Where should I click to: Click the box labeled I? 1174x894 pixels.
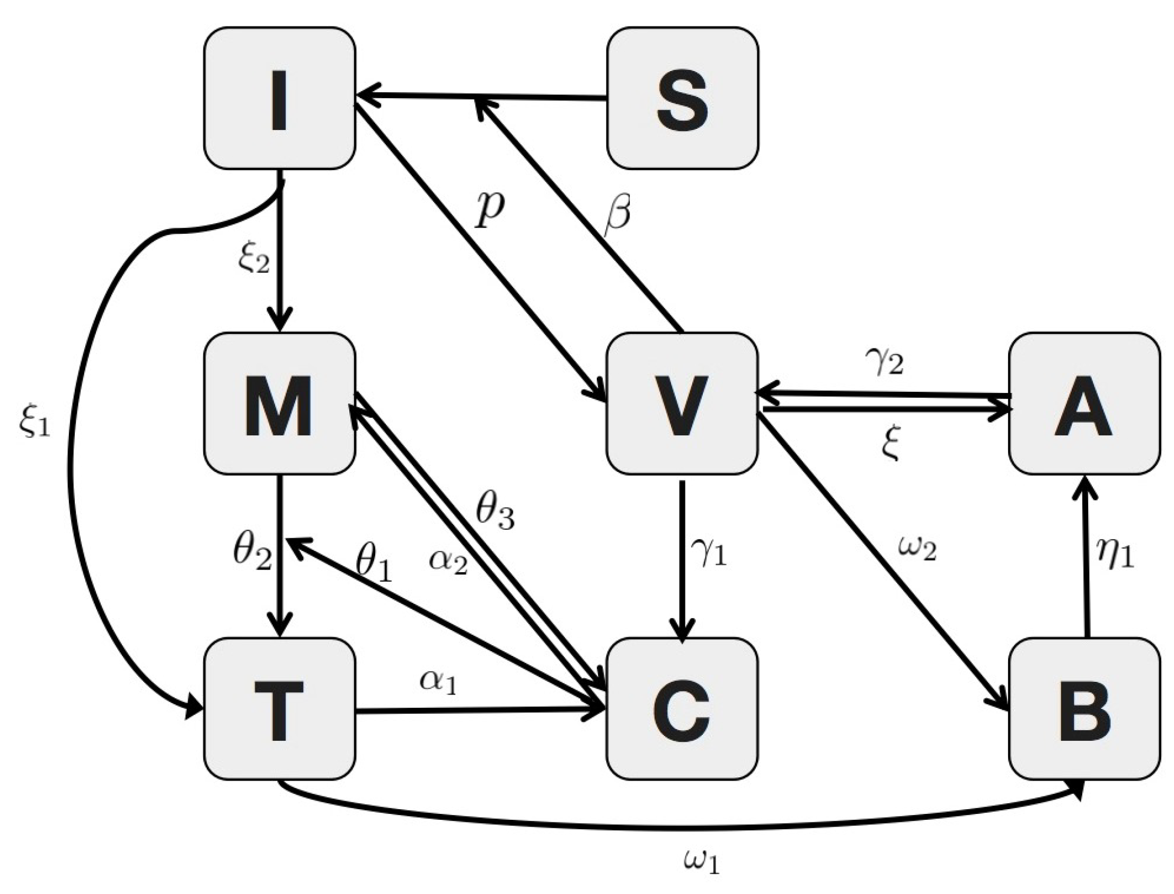(x=279, y=99)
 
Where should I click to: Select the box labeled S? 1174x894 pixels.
(x=683, y=99)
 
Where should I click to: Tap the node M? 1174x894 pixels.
(x=279, y=403)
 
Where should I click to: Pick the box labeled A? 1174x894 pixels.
(x=1083, y=403)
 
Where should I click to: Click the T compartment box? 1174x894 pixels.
(x=279, y=708)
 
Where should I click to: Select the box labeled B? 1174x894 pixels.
(x=1083, y=708)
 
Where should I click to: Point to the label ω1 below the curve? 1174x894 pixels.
(x=701, y=861)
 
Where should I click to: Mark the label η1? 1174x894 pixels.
(x=1115, y=554)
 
